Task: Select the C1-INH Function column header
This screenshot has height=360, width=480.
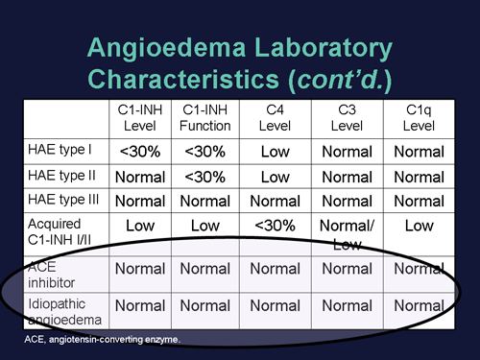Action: [204, 118]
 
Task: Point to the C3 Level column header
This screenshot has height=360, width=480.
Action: [345, 118]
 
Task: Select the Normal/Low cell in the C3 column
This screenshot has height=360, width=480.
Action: [345, 233]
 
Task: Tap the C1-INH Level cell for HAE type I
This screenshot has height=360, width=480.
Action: [140, 151]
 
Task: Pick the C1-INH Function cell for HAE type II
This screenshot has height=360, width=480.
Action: [204, 177]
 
